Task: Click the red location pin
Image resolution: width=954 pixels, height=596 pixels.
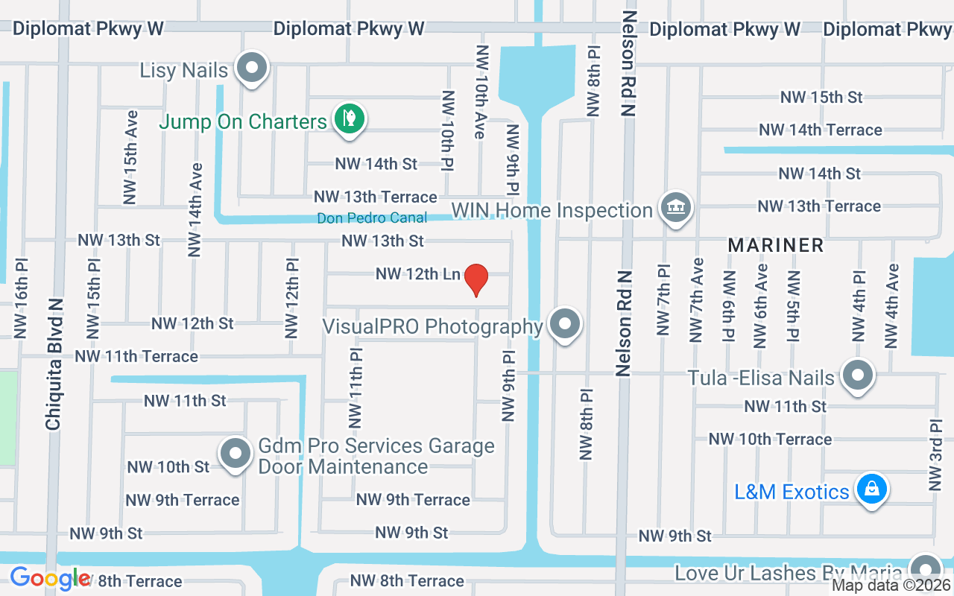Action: click(x=476, y=279)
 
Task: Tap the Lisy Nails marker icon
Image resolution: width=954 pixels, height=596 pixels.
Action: click(x=252, y=68)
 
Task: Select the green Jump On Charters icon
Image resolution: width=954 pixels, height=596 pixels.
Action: click(x=347, y=118)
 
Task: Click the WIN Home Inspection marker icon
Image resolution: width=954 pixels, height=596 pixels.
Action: click(x=675, y=207)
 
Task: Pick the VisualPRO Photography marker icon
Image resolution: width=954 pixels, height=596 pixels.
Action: click(x=565, y=324)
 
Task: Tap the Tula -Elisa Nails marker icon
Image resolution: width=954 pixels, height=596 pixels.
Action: click(x=858, y=375)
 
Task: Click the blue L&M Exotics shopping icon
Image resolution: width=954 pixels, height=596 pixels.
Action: click(x=870, y=489)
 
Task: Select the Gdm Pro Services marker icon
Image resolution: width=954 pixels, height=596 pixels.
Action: click(x=236, y=452)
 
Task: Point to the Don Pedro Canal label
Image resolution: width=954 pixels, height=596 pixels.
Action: click(x=372, y=218)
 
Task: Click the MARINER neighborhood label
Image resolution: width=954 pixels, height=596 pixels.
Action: click(x=775, y=245)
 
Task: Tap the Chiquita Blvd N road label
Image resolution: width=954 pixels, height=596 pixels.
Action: click(x=53, y=364)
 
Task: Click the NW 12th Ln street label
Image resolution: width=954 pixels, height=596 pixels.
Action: click(x=417, y=274)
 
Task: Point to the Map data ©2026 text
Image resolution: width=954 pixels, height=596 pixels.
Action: click(x=891, y=586)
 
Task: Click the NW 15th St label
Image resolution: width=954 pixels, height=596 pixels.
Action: click(x=821, y=97)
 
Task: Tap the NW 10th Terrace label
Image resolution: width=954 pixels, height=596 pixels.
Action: click(x=770, y=439)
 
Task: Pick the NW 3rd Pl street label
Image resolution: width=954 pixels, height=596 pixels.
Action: click(x=936, y=454)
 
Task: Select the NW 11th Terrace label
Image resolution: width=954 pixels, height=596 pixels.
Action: click(x=136, y=356)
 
